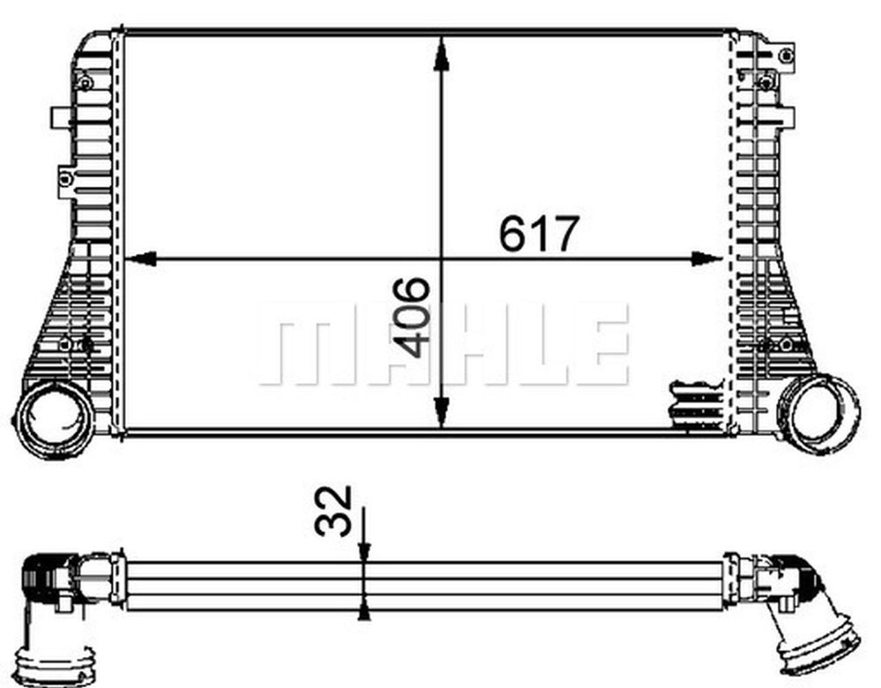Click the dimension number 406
pyautogui.click(x=415, y=317)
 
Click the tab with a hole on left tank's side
pyautogui.click(x=67, y=179)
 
